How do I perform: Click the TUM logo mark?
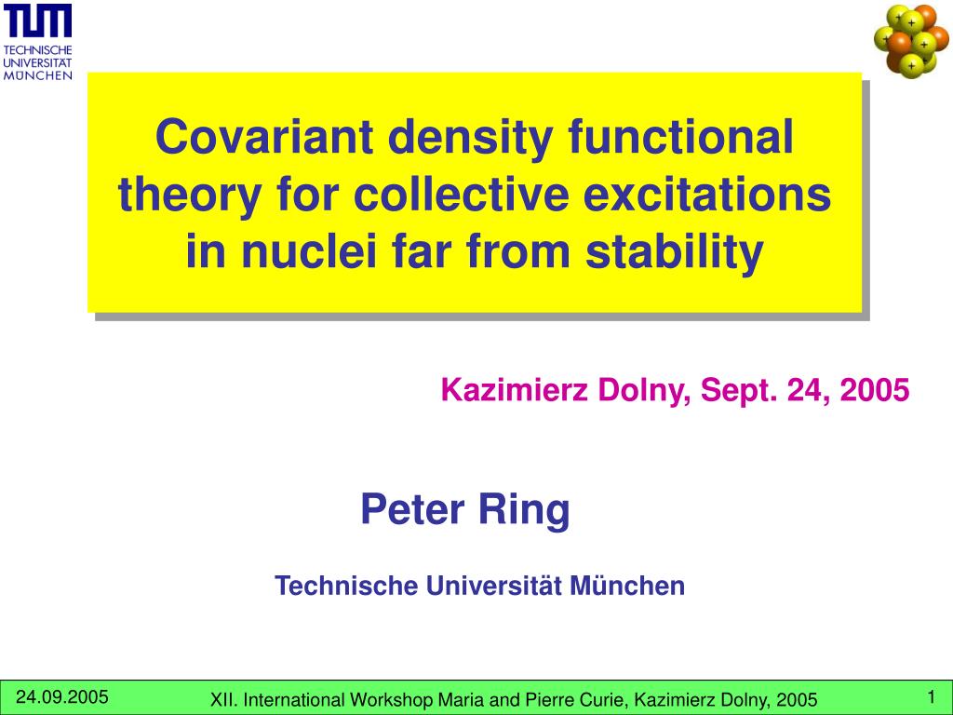coord(37,20)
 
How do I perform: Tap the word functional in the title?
coord(680,136)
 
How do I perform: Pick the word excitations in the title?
coord(707,195)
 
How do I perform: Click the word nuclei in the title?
coord(309,251)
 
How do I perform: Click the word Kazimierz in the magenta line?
coord(514,390)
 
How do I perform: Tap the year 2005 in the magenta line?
coord(875,390)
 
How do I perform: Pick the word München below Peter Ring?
coord(627,586)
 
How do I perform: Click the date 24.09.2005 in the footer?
coord(62,696)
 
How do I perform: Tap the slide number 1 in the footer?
coord(931,696)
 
